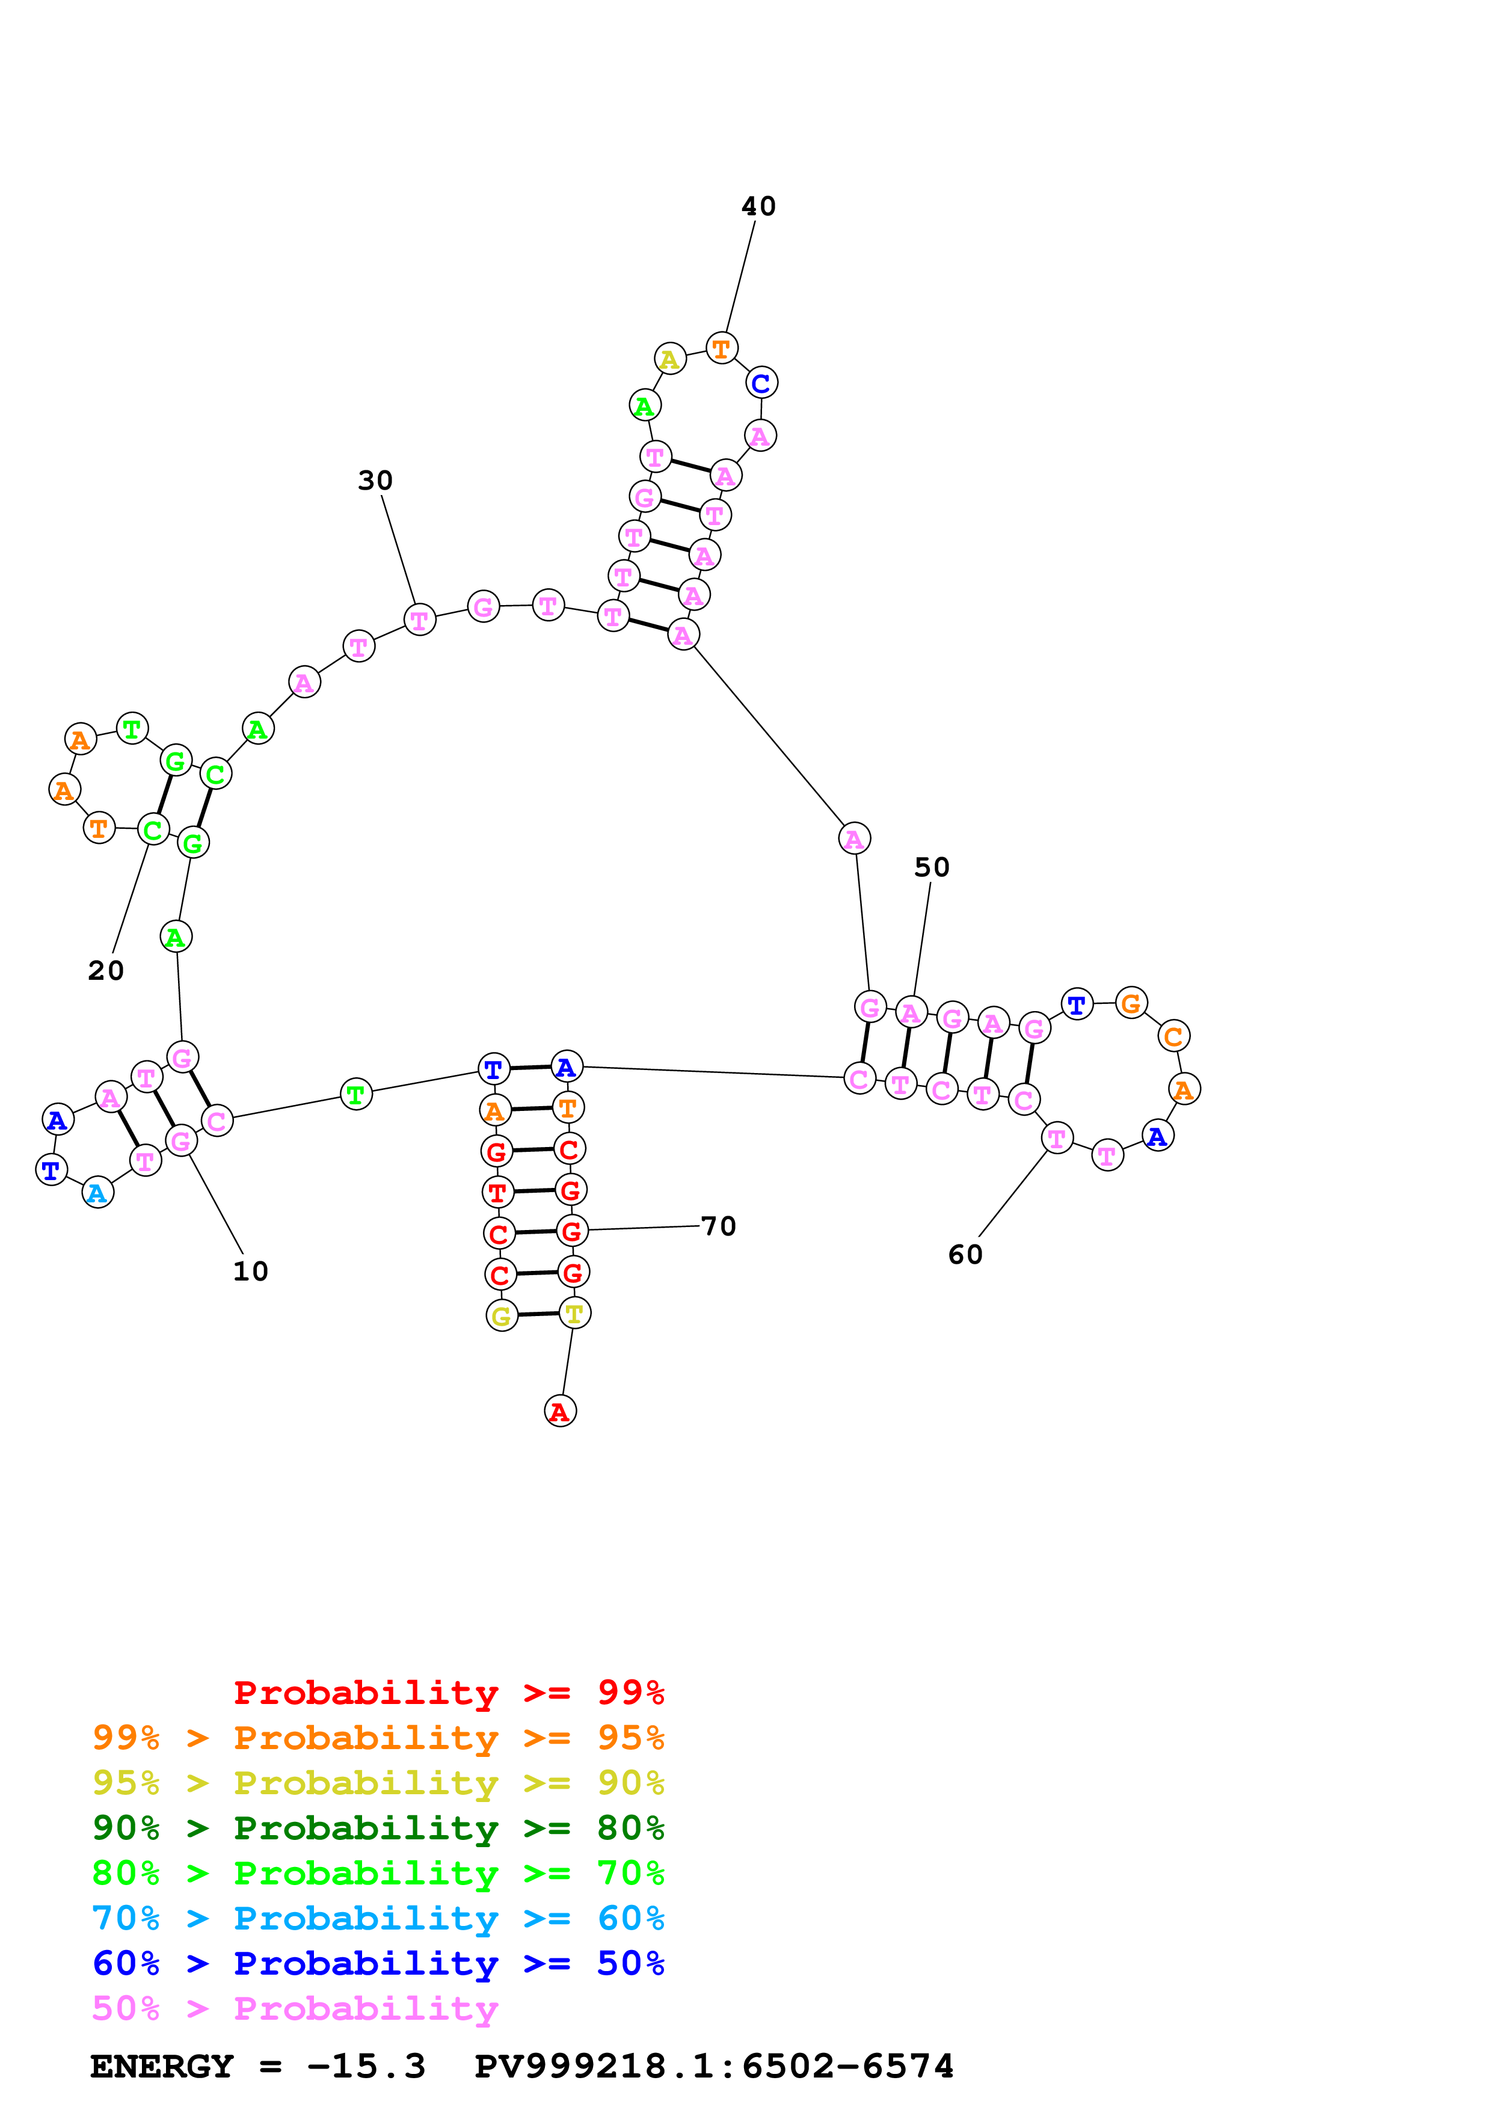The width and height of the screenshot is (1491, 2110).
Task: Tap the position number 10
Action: coord(250,1272)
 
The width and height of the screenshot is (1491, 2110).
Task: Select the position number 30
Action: coord(375,481)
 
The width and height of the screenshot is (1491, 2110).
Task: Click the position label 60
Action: coord(965,1255)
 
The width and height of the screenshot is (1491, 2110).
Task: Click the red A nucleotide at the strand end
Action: coord(561,1412)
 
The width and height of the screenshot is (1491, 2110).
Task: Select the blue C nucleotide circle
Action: coord(761,383)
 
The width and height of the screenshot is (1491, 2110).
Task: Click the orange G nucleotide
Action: coord(1131,1003)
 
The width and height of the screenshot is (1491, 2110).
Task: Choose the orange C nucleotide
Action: coord(1174,1036)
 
